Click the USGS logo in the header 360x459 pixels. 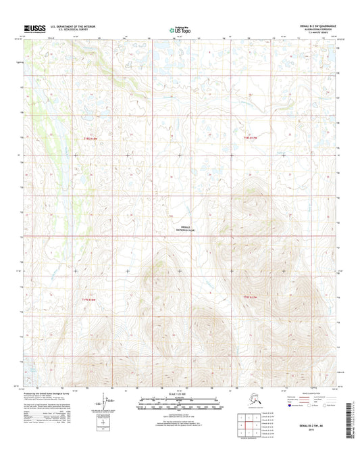[34, 27]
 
